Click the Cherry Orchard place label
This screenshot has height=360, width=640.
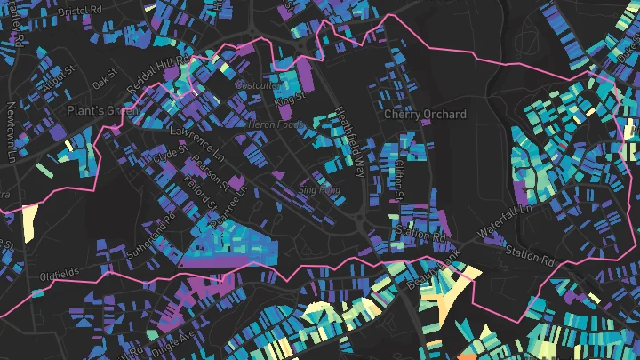(x=425, y=115)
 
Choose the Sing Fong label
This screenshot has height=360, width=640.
(x=318, y=189)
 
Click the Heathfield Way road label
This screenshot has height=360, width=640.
(x=348, y=141)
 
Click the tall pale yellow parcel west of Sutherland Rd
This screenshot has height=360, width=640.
(x=29, y=222)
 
